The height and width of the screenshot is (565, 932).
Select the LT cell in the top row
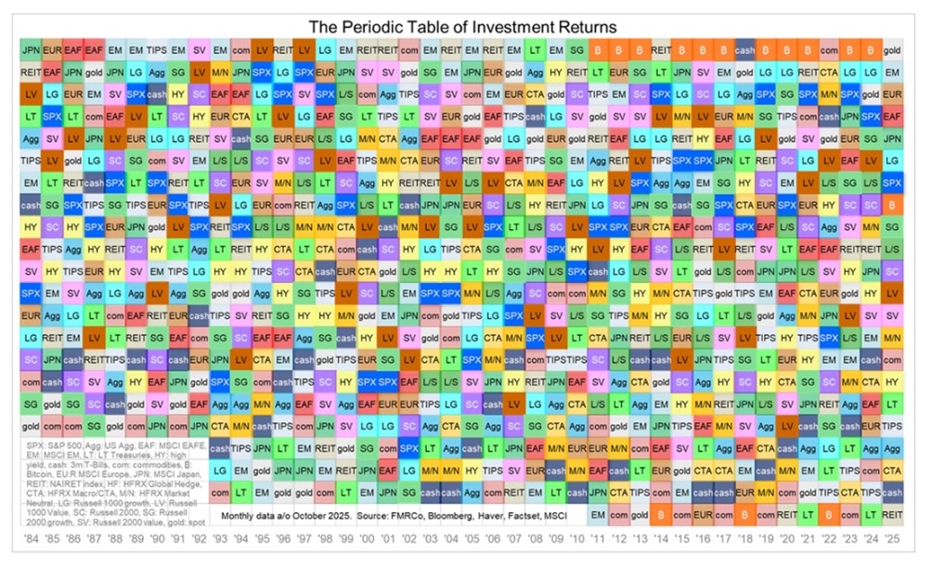point(536,49)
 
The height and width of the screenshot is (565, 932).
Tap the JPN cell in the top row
point(31,49)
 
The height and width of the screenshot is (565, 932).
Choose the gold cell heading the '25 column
point(893,49)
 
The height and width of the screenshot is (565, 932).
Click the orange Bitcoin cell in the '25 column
point(893,202)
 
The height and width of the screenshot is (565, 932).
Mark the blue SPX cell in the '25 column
point(893,181)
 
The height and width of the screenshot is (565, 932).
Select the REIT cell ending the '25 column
point(893,513)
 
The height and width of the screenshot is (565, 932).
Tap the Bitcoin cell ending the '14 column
point(662,513)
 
